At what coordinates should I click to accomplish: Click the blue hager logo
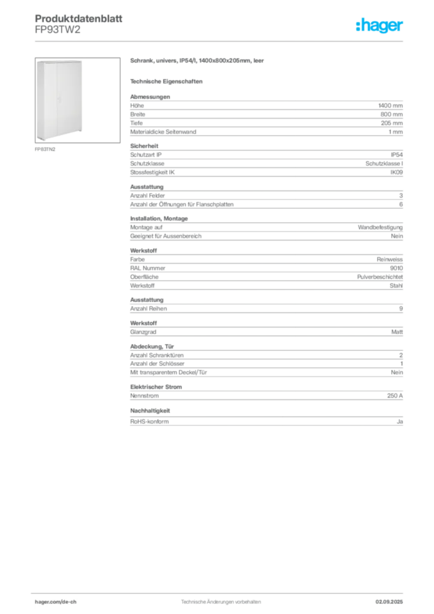point(380,26)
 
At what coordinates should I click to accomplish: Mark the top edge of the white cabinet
point(61,61)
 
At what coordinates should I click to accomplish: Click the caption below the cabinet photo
point(46,149)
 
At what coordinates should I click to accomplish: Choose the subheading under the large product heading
point(168,81)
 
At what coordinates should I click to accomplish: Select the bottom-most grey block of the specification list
point(266,419)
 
